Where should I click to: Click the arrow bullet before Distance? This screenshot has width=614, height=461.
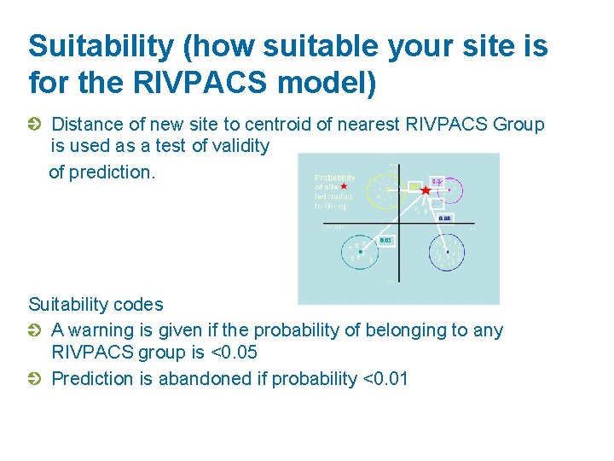35,125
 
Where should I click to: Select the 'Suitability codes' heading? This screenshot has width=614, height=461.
96,304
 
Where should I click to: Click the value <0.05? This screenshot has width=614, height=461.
233,352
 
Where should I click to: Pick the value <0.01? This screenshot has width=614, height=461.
385,378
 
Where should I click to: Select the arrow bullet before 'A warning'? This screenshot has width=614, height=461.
35,330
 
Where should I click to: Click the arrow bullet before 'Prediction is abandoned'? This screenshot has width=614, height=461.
35,378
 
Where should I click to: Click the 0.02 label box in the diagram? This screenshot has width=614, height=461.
385,241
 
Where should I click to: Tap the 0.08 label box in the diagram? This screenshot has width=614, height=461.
444,219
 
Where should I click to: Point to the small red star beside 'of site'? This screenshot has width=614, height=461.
344,186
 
